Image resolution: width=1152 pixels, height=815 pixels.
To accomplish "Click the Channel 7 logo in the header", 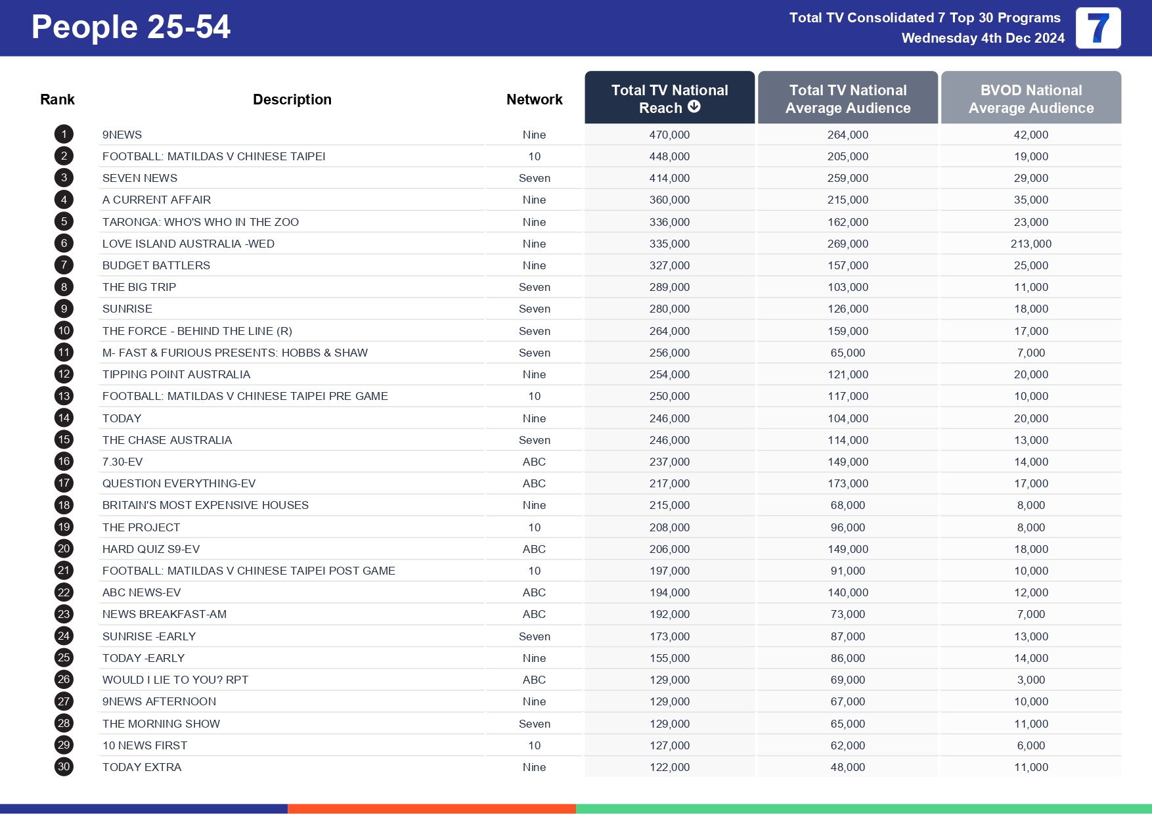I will coord(1098,28).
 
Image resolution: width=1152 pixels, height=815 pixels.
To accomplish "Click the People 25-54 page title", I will coord(131,27).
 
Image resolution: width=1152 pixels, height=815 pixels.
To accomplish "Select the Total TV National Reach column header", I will coord(669,99).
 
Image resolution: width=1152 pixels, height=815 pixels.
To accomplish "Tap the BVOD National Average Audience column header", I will coord(1030,99).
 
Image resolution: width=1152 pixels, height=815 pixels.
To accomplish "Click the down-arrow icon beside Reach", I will coord(694,107).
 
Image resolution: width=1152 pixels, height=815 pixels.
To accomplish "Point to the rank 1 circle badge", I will coord(64,135).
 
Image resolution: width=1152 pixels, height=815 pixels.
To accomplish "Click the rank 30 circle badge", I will coord(64,766).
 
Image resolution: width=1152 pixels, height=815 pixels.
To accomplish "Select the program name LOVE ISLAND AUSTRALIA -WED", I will coord(188,244).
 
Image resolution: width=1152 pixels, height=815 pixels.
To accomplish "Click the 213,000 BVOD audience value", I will coord(1030,244).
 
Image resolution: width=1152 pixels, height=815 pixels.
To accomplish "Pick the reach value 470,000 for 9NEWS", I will coord(669,135).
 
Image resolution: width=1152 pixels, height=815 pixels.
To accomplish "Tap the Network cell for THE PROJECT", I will coord(534,527).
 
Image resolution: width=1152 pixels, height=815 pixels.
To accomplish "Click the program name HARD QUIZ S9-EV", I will coord(150,549).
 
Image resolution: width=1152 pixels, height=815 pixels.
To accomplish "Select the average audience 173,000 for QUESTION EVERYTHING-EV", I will coord(847,483).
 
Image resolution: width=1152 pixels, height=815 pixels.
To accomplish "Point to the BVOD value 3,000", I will coord(1030,680).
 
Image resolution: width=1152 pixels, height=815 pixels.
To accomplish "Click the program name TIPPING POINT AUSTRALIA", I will coord(176,374).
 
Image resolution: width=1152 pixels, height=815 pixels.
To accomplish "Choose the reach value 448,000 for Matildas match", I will coord(669,156).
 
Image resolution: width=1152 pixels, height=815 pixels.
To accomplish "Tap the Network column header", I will coord(534,99).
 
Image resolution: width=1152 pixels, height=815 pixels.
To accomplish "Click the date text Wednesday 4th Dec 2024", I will coord(983,38).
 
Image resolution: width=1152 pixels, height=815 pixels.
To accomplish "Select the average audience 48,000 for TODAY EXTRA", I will coord(847,767).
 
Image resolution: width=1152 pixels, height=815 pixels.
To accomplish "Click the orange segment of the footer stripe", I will coord(432,808).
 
